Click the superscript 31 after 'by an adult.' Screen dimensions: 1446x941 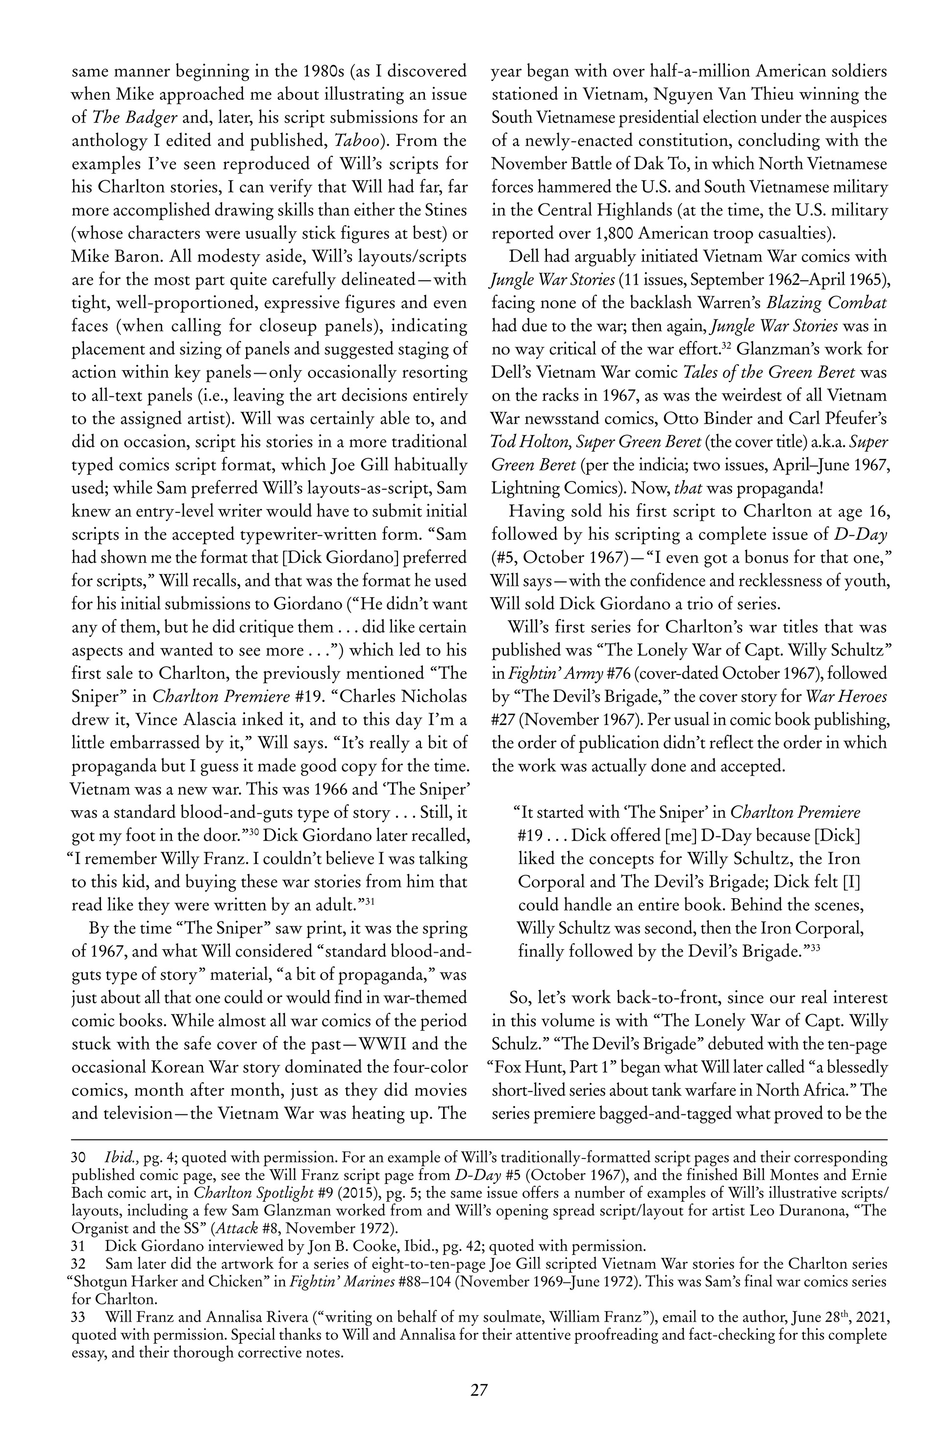tap(367, 900)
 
